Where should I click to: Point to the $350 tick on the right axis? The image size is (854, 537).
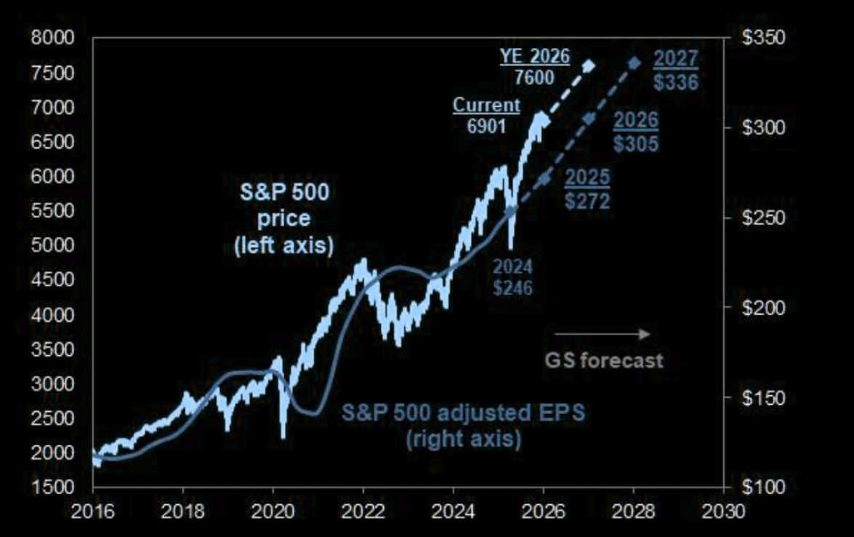click(764, 39)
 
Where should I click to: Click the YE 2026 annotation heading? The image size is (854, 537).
click(534, 56)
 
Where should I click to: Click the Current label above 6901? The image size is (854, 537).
click(486, 105)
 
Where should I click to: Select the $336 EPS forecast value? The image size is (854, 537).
click(676, 83)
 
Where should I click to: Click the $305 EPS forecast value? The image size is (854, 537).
click(636, 144)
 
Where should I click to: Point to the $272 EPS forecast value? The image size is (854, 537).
click(587, 200)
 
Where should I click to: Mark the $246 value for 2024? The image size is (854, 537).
click(513, 288)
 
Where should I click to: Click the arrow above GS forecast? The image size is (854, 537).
click(603, 334)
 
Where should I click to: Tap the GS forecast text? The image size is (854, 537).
click(604, 360)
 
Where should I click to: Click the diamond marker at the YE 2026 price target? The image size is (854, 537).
click(589, 66)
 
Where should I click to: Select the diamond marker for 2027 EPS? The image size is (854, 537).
click(635, 63)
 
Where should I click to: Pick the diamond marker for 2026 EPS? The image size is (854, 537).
click(589, 119)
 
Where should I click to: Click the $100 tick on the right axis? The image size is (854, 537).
click(764, 487)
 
